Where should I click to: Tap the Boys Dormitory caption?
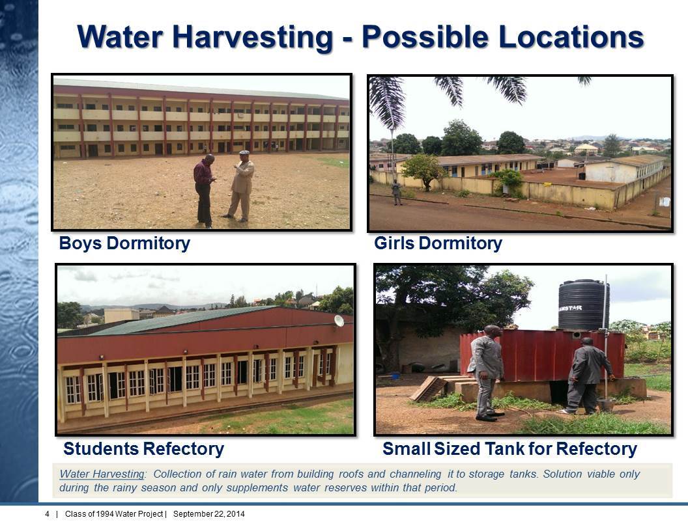coord(124,243)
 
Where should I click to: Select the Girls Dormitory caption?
coord(438,243)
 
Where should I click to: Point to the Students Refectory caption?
coord(144,449)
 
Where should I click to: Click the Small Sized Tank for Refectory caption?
coord(510,449)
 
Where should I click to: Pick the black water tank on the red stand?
coord(584,305)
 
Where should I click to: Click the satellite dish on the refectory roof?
coord(339,321)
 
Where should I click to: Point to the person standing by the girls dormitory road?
coord(396,193)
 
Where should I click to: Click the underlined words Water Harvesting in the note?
coord(102,474)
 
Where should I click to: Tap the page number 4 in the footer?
coord(48,514)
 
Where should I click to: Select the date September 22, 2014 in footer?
coord(209,514)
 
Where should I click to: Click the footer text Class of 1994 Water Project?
coord(114,514)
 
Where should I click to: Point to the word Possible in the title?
coord(425,37)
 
